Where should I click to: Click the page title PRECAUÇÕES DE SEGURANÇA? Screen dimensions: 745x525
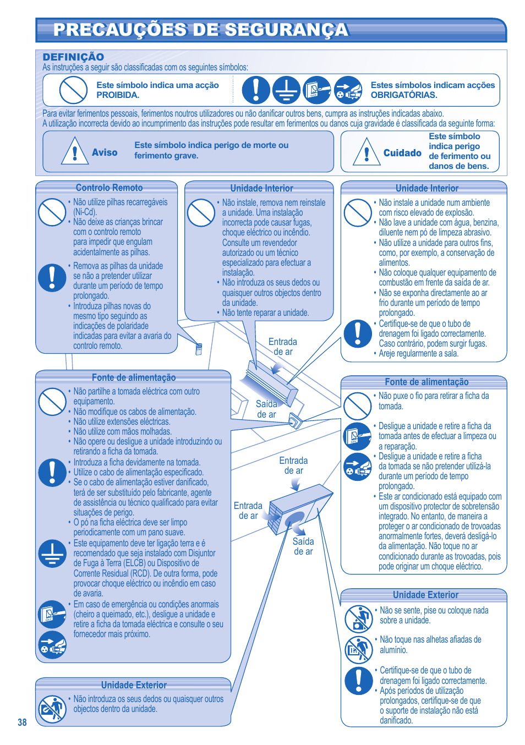click(201, 30)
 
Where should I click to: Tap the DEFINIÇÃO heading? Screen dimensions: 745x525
click(73, 57)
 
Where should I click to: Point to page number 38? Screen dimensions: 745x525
click(22, 722)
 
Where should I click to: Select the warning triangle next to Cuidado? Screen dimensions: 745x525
click(367, 151)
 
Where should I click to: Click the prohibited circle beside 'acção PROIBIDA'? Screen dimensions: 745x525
click(73, 90)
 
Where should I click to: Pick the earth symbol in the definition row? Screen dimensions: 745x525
click(286, 90)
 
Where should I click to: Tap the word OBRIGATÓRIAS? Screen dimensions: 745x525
click(404, 95)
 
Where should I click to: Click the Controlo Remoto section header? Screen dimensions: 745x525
click(109, 188)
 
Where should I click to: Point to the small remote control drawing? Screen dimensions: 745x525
click(199, 349)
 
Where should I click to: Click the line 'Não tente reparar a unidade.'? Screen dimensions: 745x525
click(265, 313)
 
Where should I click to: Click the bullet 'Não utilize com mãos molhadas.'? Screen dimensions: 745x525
click(122, 431)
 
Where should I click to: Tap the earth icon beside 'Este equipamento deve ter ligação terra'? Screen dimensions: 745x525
click(52, 553)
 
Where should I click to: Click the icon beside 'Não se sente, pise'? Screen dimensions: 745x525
click(359, 618)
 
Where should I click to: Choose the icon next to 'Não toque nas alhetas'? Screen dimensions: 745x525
click(359, 649)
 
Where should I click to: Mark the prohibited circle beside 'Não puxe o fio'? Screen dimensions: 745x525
click(358, 406)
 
